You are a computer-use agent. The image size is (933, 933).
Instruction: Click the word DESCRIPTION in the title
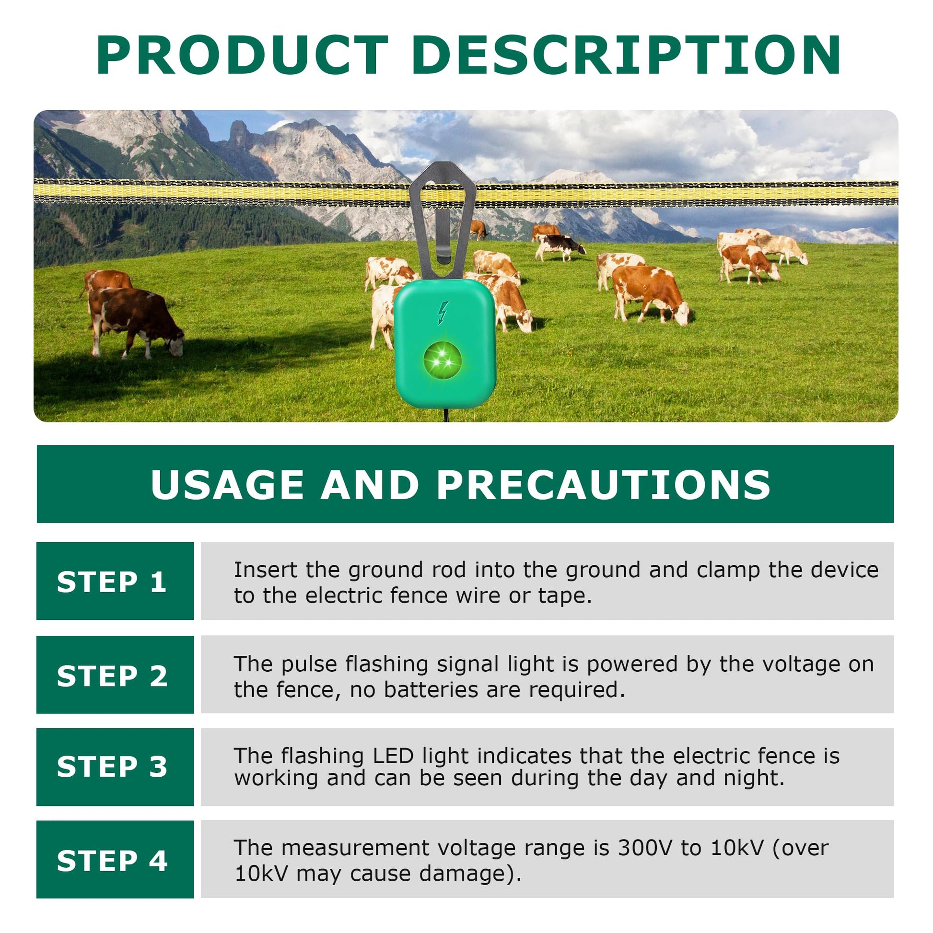click(626, 55)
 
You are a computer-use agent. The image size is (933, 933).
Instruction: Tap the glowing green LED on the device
click(443, 360)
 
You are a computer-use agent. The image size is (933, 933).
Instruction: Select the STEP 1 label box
click(115, 581)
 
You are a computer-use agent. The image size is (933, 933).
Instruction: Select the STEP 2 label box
click(115, 675)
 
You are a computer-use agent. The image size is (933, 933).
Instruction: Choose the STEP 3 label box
click(115, 767)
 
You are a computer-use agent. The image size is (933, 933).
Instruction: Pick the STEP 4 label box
click(115, 860)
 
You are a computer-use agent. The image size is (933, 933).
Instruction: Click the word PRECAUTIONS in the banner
click(604, 484)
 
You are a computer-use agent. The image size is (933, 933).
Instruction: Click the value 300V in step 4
click(645, 848)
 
